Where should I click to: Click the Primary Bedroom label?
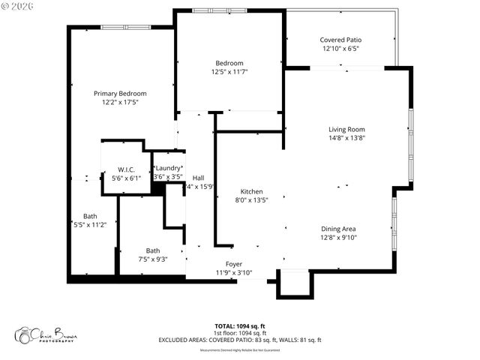coord(120,93)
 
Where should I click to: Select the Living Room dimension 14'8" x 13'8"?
coord(346,138)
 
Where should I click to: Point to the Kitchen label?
coord(251,190)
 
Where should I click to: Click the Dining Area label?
coord(338,229)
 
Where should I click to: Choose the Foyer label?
coord(234,264)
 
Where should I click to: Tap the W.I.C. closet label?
coord(126,169)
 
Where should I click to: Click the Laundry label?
coord(168,168)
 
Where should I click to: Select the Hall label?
coord(199,178)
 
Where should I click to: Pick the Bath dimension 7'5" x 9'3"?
coord(152,259)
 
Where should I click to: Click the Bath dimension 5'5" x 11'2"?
coord(90,224)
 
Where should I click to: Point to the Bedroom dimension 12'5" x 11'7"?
coord(229,71)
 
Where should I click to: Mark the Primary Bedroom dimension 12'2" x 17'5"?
coord(120,102)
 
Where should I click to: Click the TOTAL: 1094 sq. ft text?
coord(239,325)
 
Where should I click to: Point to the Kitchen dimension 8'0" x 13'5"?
coord(251,199)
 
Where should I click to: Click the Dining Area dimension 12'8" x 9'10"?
coord(338,238)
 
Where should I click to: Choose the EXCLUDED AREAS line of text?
coord(239,340)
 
